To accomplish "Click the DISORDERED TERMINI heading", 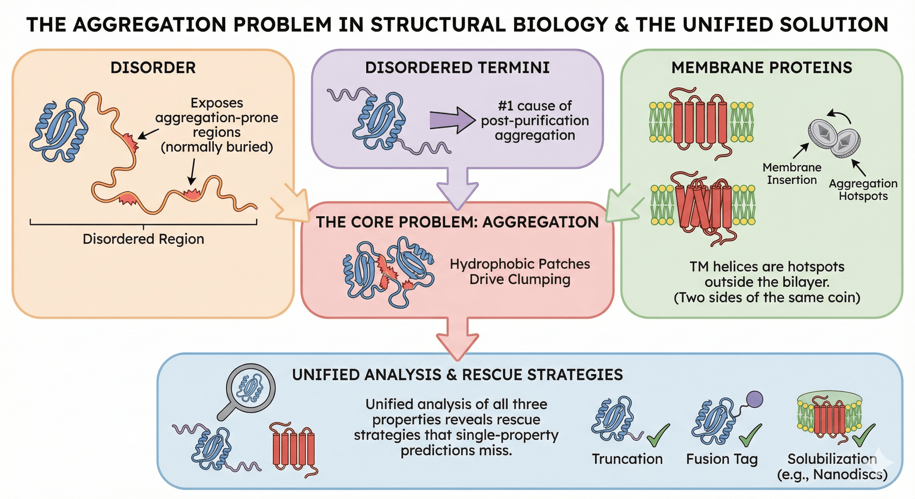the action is [x=457, y=68].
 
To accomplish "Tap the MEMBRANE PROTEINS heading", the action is [x=762, y=68].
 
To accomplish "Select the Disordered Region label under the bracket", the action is [x=144, y=239].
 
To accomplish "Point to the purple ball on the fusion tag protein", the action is [x=754, y=399].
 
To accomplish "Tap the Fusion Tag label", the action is [x=722, y=459].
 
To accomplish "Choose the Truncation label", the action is [x=627, y=459].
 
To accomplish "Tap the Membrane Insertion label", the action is [x=792, y=174].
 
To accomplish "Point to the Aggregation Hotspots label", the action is [x=863, y=190].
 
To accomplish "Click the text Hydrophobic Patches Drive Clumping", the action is [x=520, y=272].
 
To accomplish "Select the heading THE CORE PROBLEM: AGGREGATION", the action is [x=457, y=222].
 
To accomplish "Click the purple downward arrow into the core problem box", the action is [x=457, y=188].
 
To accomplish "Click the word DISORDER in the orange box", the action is [x=153, y=68].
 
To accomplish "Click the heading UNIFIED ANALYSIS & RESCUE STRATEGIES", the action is [x=457, y=375].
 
